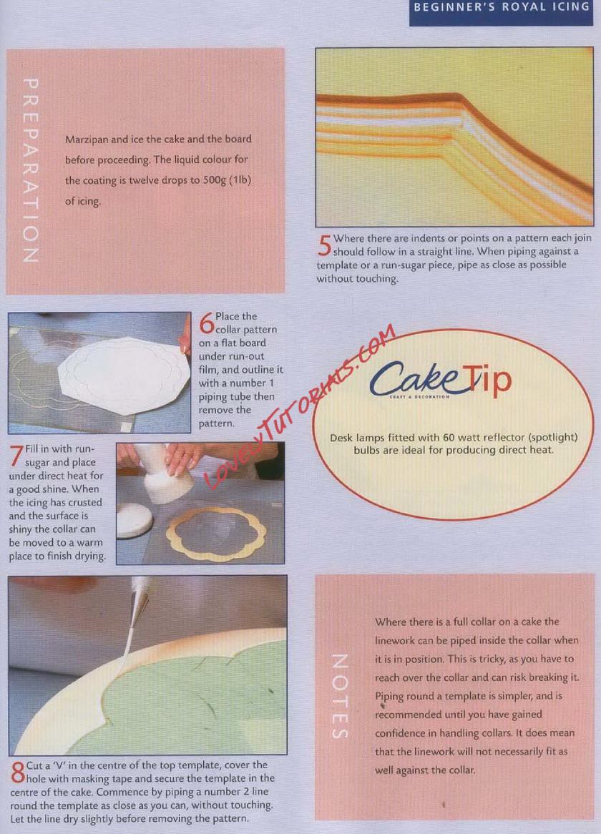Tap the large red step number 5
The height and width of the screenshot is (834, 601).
pos(324,245)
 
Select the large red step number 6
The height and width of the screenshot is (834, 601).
pos(206,323)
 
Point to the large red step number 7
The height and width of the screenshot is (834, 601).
pos(16,456)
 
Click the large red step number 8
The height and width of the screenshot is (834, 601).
pos(18,772)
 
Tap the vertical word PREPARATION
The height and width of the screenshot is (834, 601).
pos(30,170)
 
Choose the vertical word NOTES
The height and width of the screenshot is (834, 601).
pos(340,696)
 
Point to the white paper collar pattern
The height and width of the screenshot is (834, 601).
pos(123,375)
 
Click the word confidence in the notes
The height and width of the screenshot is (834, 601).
pos(399,733)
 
